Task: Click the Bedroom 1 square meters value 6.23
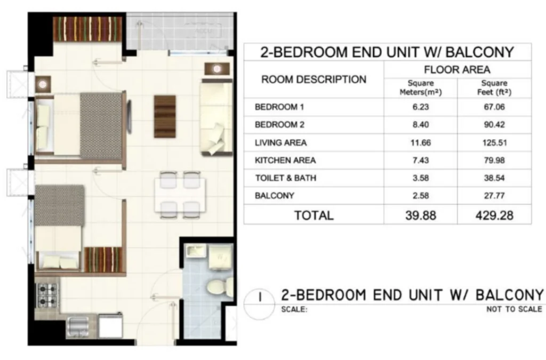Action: pos(420,107)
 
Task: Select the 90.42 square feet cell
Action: pos(494,125)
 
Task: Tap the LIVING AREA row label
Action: pos(280,143)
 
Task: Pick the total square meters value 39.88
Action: pos(420,215)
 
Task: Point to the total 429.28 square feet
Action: pos(494,215)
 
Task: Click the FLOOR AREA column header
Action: pos(457,70)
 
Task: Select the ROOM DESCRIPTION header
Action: pos(314,79)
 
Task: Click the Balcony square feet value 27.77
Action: pos(494,196)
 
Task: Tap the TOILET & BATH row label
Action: pos(286,178)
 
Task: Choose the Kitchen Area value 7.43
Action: pos(420,160)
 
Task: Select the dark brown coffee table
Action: pos(165,116)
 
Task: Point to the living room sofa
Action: pos(216,117)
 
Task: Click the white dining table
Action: pos(180,195)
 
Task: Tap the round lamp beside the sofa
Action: pos(217,69)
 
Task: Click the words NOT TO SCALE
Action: pos(515,309)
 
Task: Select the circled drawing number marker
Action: pos(260,305)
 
